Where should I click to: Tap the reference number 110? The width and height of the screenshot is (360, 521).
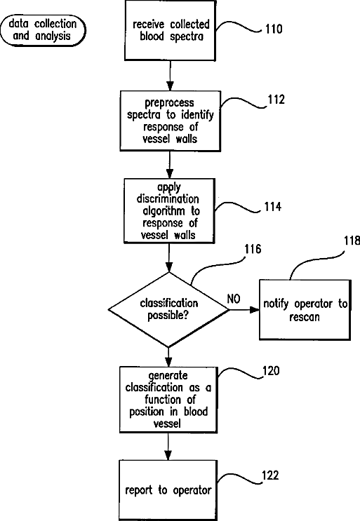coord(274,29)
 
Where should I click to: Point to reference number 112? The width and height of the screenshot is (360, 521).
coord(276,100)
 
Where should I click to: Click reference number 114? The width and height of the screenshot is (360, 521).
coord(272,207)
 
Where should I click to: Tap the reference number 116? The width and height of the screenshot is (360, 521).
coord(253,249)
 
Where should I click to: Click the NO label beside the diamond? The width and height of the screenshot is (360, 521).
coord(234,299)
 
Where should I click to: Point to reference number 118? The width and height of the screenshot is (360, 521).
coord(352,241)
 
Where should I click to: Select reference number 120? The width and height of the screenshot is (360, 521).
coord(271,370)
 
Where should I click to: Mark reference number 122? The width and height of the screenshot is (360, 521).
coord(270,475)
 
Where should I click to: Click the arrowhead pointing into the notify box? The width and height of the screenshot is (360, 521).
coord(255,310)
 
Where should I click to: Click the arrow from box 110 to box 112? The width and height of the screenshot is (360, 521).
coord(171,76)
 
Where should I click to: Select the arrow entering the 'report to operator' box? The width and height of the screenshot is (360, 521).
coord(168,447)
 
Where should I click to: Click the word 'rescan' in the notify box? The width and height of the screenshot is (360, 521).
coord(305,318)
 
